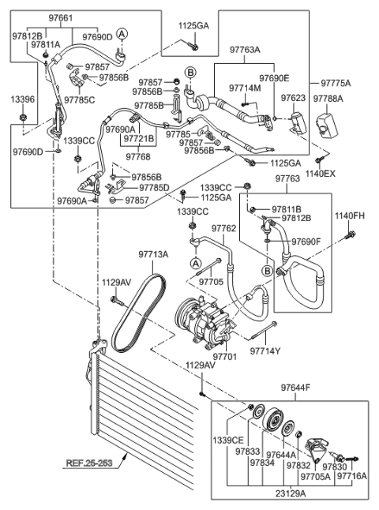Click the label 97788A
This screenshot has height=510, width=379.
328,99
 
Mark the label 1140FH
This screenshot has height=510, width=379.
349,216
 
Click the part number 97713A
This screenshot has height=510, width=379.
154,254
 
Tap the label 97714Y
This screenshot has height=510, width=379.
267,351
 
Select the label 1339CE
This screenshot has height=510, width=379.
229,440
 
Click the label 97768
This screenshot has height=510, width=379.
138,156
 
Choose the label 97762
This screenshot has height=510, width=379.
223,228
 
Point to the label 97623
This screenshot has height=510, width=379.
294,99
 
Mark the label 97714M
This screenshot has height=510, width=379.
245,88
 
